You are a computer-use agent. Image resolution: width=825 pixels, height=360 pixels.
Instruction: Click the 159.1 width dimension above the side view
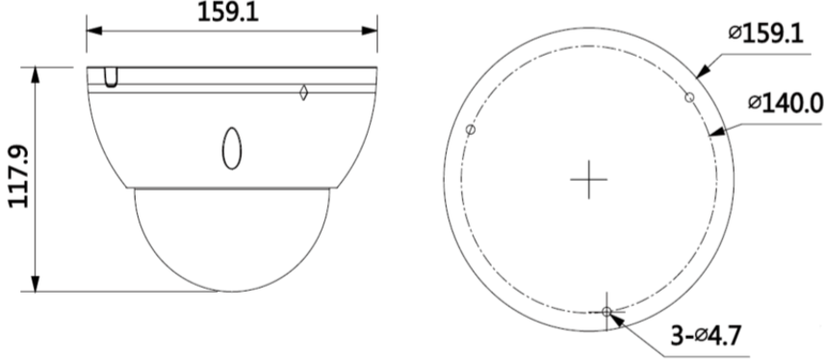tap(228, 13)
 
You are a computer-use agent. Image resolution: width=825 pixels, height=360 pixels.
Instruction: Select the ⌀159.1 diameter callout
tap(766, 35)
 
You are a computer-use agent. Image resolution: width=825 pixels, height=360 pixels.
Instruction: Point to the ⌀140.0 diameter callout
tap(786, 103)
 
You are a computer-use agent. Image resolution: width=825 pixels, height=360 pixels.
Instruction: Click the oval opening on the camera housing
tap(232, 148)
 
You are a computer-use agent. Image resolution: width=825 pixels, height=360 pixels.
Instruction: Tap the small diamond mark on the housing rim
tap(303, 92)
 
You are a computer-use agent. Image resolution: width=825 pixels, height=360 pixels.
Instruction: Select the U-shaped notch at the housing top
tap(112, 77)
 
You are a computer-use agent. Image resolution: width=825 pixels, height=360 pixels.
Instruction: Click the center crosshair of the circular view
tap(588, 179)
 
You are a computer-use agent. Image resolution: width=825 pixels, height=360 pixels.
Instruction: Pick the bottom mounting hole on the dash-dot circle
tap(606, 312)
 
